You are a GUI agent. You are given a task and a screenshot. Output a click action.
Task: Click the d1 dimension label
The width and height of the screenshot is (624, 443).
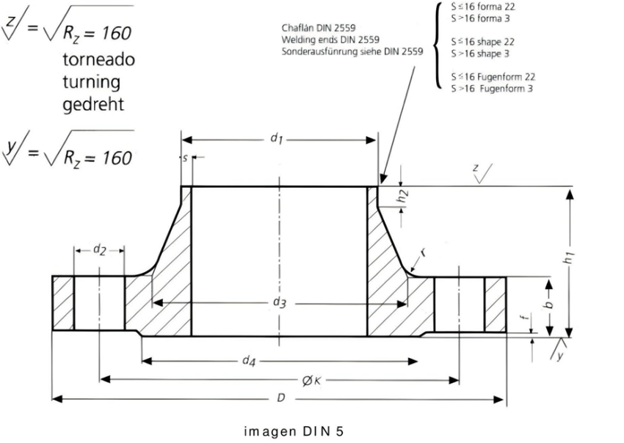click(277, 139)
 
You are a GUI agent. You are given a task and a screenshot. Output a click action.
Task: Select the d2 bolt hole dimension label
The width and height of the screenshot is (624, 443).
click(100, 250)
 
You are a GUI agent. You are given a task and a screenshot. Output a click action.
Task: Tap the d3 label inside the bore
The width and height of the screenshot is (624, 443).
click(280, 303)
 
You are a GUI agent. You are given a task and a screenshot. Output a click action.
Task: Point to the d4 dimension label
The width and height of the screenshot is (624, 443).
click(249, 361)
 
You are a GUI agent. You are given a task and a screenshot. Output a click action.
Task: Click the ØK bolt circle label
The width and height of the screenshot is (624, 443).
click(311, 381)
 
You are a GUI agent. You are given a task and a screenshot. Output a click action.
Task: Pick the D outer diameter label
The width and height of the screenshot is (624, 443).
click(281, 398)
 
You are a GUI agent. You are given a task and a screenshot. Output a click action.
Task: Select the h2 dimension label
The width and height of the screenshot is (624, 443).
click(404, 197)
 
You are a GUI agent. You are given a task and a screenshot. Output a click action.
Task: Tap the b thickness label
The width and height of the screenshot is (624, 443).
click(549, 304)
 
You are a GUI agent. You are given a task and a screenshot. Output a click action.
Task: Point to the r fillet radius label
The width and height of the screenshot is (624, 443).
click(424, 252)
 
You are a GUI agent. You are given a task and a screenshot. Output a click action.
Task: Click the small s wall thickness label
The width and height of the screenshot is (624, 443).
click(185, 158)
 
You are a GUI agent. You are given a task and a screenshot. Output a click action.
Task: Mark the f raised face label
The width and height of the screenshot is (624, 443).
click(525, 317)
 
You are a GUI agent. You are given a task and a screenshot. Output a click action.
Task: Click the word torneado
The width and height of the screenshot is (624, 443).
click(98, 59)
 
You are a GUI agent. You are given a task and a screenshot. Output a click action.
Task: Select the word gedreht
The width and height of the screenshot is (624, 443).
click(93, 104)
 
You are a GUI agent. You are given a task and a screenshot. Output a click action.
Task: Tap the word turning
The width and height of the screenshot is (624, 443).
click(92, 82)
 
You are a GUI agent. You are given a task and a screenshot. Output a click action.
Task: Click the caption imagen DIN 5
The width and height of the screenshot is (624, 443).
click(294, 431)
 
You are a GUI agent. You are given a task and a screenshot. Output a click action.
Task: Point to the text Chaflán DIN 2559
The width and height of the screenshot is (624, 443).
click(319, 28)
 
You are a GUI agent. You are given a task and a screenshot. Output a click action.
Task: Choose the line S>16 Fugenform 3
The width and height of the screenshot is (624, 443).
click(492, 88)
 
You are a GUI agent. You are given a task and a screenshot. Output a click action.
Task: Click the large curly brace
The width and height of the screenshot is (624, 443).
click(438, 45)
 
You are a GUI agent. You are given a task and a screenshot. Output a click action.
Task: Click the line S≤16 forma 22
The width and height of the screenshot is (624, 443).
click(483, 7)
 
